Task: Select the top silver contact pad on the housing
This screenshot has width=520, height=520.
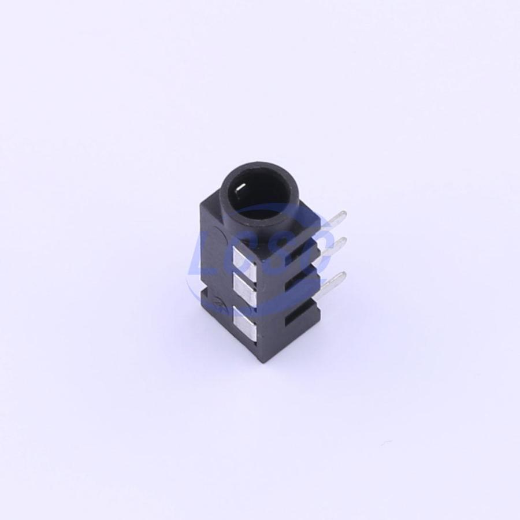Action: coord(246,258)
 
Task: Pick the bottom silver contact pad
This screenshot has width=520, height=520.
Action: coord(246,324)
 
